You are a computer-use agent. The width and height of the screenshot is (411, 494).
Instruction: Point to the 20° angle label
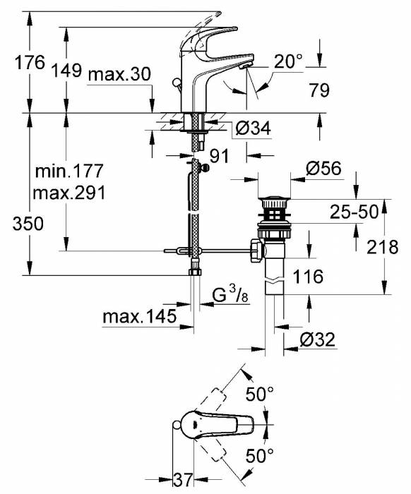(x=288, y=63)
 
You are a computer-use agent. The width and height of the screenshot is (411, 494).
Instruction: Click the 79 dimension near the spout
(x=320, y=90)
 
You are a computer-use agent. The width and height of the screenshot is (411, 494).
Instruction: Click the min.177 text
(x=69, y=171)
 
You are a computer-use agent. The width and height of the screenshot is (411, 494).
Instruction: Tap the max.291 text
(x=69, y=193)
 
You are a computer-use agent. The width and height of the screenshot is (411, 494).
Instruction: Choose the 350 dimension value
(x=29, y=224)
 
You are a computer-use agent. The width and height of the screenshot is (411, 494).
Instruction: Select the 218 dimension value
(x=382, y=246)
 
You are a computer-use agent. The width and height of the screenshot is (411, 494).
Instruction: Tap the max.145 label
(x=138, y=318)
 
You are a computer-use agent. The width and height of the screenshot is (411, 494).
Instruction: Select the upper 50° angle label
(x=260, y=394)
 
